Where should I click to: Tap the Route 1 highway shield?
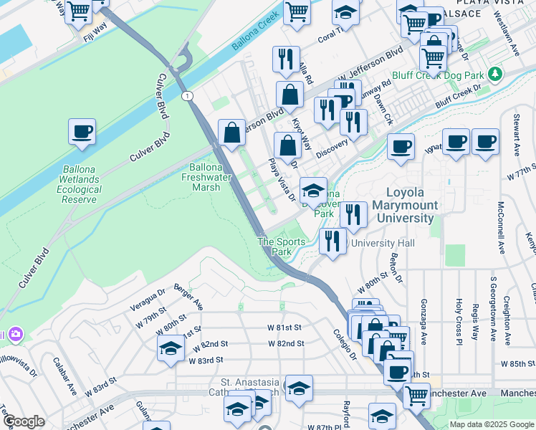(x=186, y=95)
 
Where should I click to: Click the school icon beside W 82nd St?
(x=171, y=348)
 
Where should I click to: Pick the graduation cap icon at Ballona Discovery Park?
(x=313, y=191)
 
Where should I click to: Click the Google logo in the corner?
(x=24, y=421)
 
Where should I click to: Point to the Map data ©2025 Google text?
(x=491, y=424)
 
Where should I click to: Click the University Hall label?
(x=381, y=244)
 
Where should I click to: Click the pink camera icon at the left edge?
(x=14, y=335)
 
